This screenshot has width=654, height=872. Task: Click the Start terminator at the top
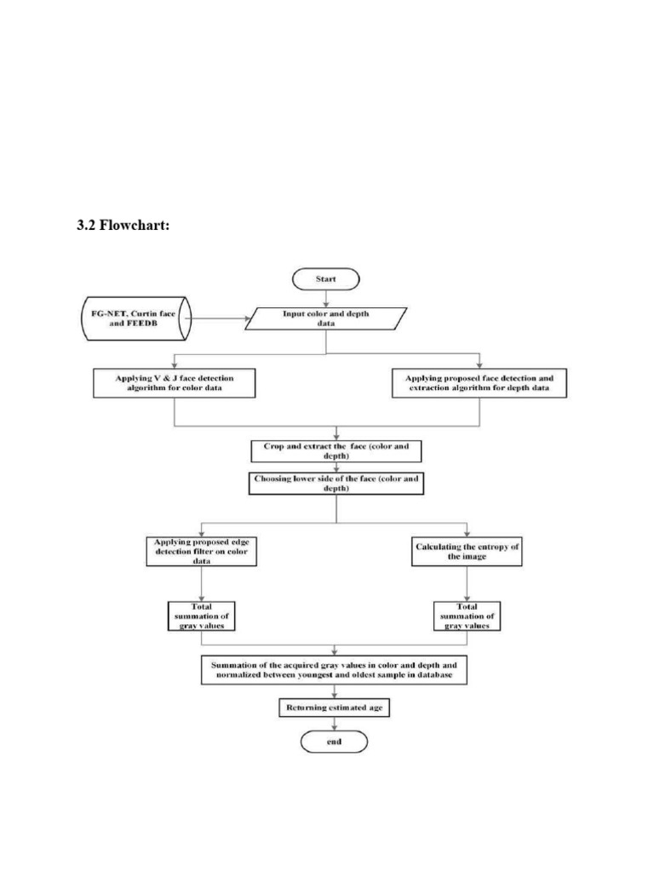tap(326, 278)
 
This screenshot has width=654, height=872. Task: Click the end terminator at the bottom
tap(333, 742)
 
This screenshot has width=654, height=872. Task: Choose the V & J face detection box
tap(174, 381)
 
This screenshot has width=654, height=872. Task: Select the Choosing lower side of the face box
tap(338, 484)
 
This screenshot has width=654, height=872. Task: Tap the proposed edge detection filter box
tap(201, 552)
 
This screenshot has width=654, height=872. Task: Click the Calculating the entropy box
tap(467, 550)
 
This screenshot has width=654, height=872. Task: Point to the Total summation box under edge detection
tap(201, 616)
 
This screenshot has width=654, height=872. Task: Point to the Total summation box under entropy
tap(467, 616)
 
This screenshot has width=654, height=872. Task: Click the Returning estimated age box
tap(334, 707)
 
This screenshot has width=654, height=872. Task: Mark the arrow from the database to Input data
tap(217, 319)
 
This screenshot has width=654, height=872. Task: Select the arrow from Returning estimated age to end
tap(334, 724)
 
